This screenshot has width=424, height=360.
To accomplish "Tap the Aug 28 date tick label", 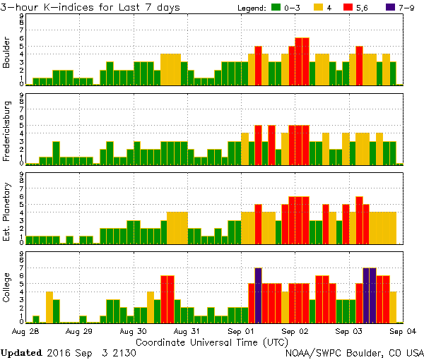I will pos(26,330).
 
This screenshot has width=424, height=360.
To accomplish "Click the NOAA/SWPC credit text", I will pos(353,352).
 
